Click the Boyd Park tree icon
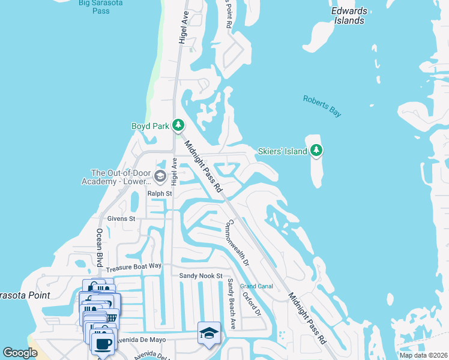(x=178, y=125)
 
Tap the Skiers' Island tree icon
(x=316, y=151)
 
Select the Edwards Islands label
(x=348, y=16)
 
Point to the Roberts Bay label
(x=322, y=105)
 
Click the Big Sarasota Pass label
(x=101, y=7)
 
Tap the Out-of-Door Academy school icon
(x=160, y=176)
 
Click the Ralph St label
(x=160, y=194)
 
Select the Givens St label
(x=121, y=219)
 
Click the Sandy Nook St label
(x=201, y=275)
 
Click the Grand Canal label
(x=256, y=286)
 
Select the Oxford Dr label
(x=252, y=304)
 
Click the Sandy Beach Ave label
(x=231, y=297)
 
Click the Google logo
(x=20, y=353)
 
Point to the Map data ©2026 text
(x=423, y=355)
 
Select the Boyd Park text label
(x=151, y=126)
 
